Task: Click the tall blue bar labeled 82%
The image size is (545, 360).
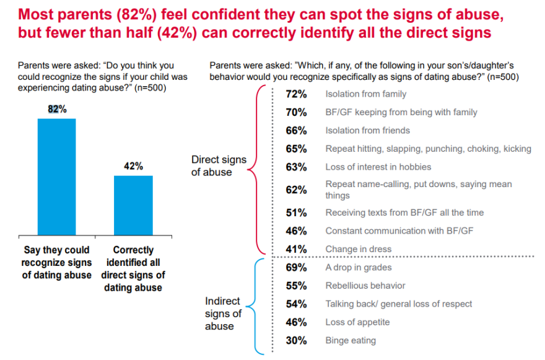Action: pos(56,177)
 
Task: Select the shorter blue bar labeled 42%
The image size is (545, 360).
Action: pos(133,205)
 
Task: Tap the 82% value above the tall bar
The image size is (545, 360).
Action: pos(57,109)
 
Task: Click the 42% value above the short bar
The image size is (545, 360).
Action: pos(133,166)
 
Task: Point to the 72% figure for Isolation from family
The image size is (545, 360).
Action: pos(297,94)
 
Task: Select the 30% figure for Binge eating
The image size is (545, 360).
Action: pos(297,340)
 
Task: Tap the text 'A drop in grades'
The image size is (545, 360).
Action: pos(359,268)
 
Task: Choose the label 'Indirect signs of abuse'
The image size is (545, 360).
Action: pos(222,313)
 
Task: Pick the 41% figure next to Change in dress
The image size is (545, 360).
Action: pos(297,249)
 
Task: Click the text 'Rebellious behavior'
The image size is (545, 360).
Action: pos(365,286)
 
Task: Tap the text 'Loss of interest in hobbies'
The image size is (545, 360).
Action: pos(378,167)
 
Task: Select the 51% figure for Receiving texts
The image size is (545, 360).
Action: pos(297,213)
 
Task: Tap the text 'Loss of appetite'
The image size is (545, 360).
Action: pos(357,322)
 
